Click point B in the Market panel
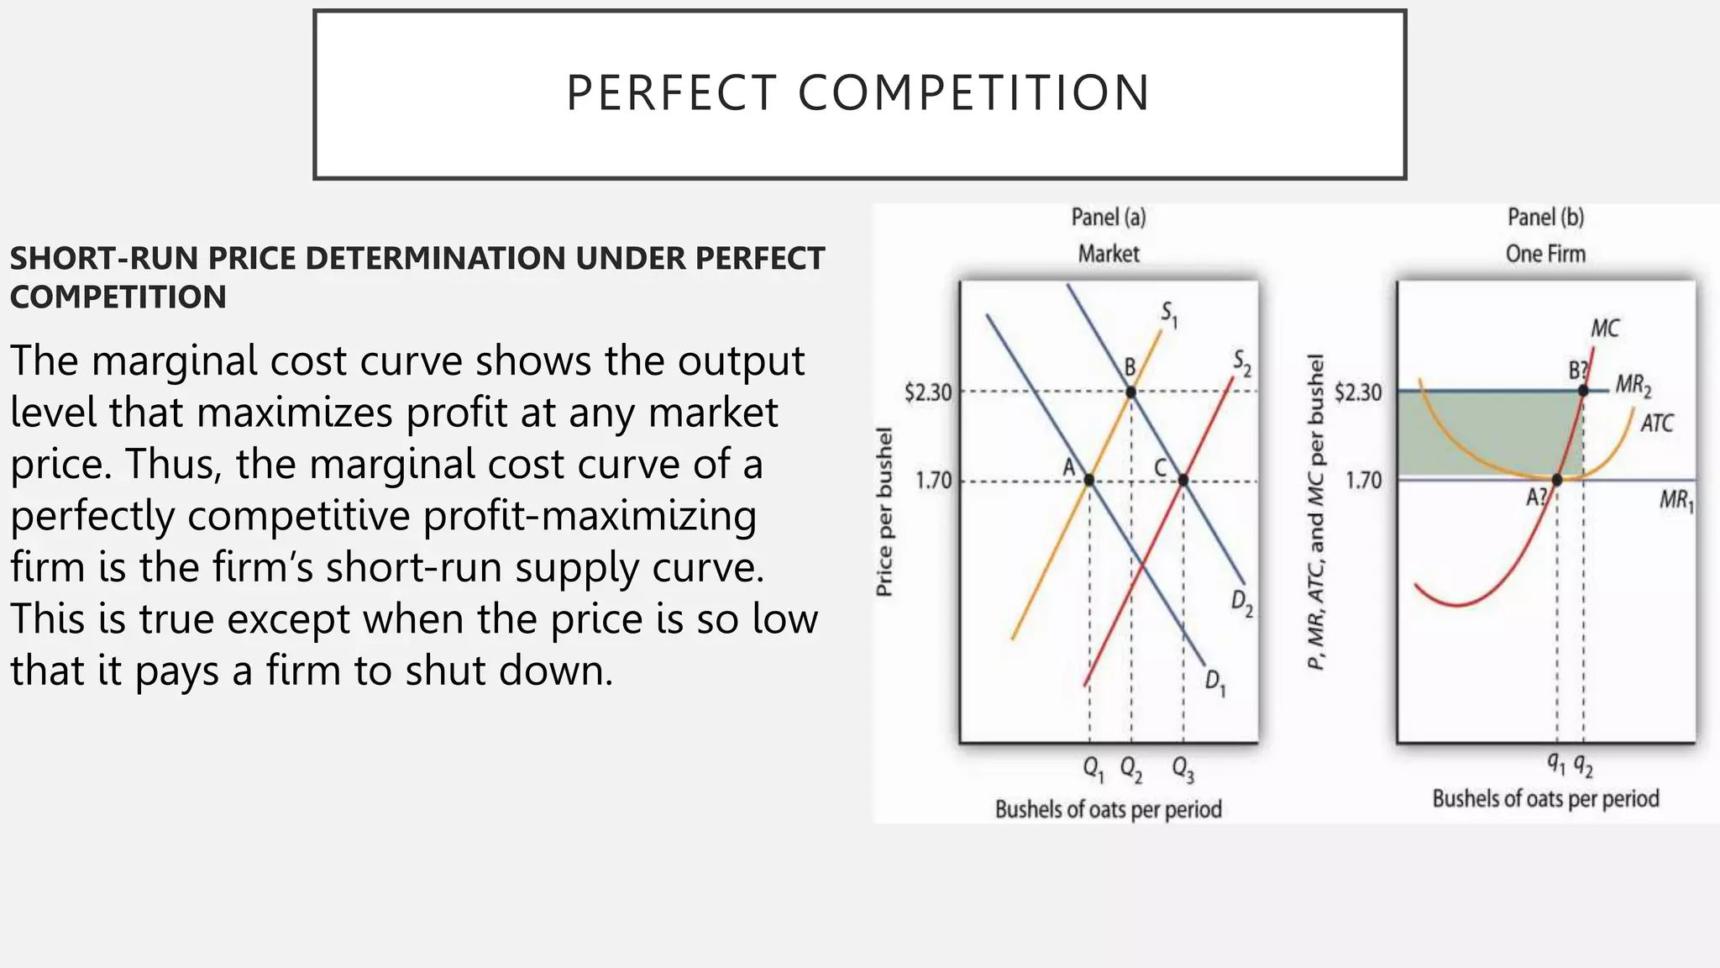point(1130,392)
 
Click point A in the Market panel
point(1089,480)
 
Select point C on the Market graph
point(1182,480)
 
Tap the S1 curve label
point(1169,314)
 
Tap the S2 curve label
point(1242,363)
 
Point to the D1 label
point(1215,682)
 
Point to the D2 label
point(1242,602)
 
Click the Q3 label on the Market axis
point(1182,768)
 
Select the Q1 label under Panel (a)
point(1093,768)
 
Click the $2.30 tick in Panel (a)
point(928,392)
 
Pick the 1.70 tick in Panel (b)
point(1363,481)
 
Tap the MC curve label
point(1604,329)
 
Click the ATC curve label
point(1656,423)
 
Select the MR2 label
point(1633,387)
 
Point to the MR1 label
point(1676,502)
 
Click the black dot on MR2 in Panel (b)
point(1583,391)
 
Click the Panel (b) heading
point(1545,218)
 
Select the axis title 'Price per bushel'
point(884,512)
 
